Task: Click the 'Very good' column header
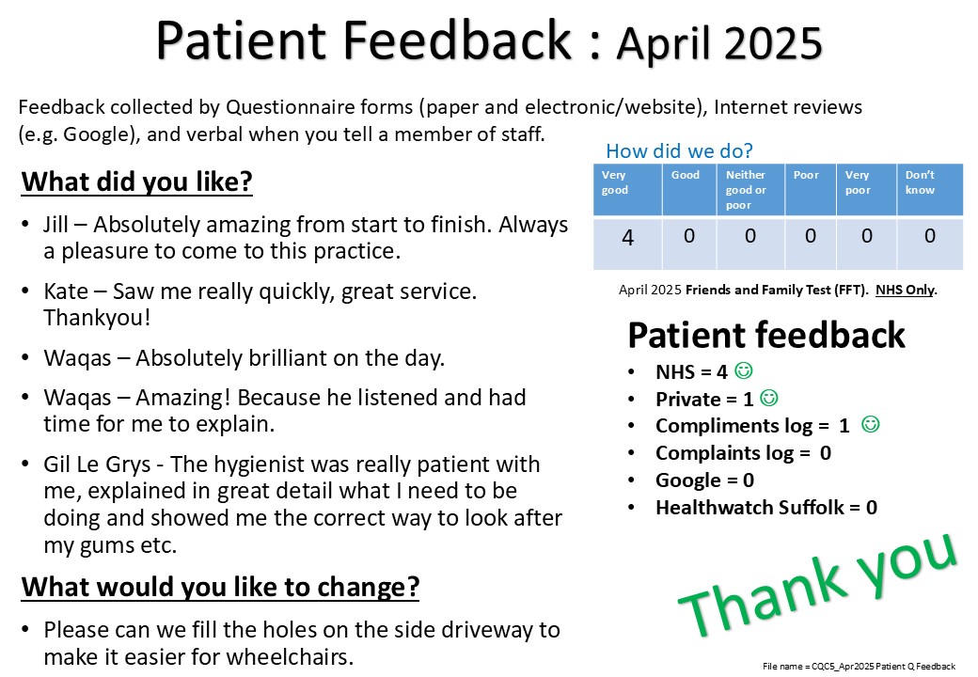pyautogui.click(x=614, y=182)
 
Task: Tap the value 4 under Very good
pyautogui.click(x=627, y=238)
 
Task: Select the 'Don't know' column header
pyautogui.click(x=920, y=182)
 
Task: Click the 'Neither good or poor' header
pyautogui.click(x=746, y=190)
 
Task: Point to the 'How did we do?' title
pyautogui.click(x=679, y=150)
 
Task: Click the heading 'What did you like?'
pyautogui.click(x=136, y=182)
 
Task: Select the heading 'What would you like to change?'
pyautogui.click(x=220, y=588)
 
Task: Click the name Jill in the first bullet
pyautogui.click(x=55, y=225)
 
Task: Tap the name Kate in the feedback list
pyautogui.click(x=66, y=291)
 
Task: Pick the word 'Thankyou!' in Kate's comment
pyautogui.click(x=97, y=318)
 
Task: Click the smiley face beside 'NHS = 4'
pyautogui.click(x=744, y=370)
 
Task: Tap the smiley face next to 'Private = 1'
pyautogui.click(x=769, y=398)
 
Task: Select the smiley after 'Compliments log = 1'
pyautogui.click(x=870, y=424)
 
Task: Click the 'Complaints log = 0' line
pyautogui.click(x=743, y=453)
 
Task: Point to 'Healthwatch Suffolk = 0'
pyautogui.click(x=765, y=508)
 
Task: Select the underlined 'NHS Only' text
pyautogui.click(x=905, y=290)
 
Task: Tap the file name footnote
pyautogui.click(x=859, y=667)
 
